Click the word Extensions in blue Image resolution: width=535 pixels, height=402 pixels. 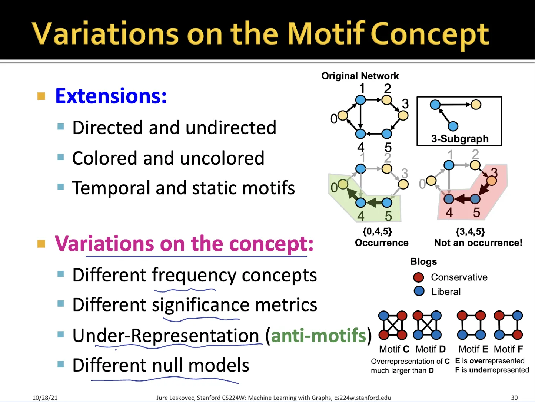point(111,96)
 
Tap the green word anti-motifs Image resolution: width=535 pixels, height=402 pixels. point(318,336)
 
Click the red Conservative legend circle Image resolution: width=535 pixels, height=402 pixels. point(419,277)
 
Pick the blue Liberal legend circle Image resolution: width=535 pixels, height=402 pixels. point(419,291)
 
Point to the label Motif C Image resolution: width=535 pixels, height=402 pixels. point(394,349)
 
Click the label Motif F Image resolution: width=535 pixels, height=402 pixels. point(508,349)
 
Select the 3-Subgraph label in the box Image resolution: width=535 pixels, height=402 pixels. point(460,139)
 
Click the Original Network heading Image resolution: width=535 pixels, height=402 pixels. point(360,76)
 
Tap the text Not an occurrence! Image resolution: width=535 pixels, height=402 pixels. point(478,243)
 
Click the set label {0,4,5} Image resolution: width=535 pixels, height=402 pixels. point(377,231)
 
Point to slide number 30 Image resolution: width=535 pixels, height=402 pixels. point(514,398)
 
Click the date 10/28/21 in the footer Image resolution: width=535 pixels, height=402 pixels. point(45,398)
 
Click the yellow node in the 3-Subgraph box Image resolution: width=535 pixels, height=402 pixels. point(476,105)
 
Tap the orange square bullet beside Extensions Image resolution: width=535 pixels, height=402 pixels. point(41,96)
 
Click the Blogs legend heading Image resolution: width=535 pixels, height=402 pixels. point(423,262)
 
